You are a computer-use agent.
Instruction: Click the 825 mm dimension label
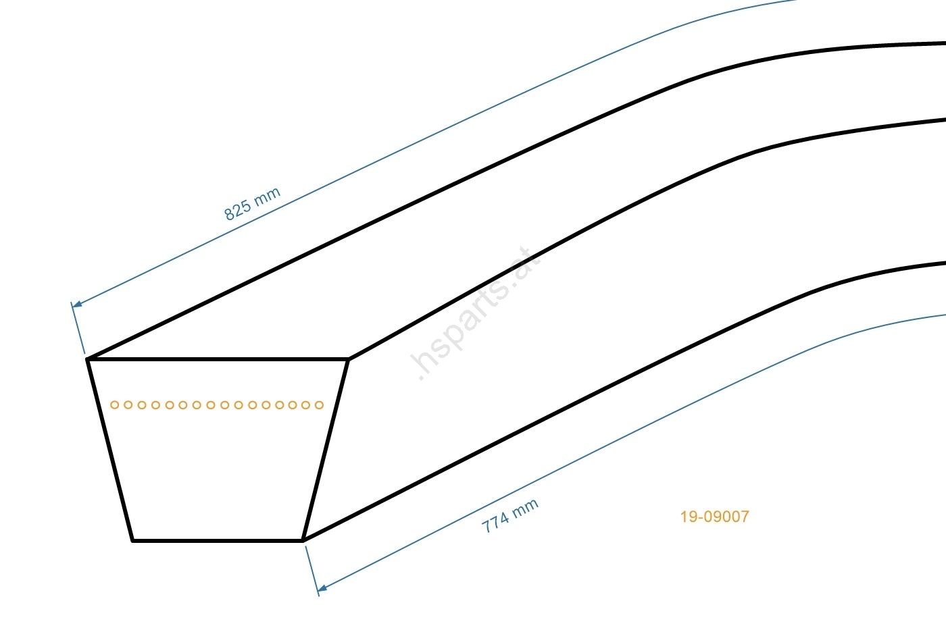[252, 204]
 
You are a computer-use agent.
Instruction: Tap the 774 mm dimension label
[510, 516]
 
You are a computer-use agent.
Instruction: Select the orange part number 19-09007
[714, 517]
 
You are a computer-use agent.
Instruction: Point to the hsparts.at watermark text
[477, 315]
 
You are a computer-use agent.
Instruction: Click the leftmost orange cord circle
[115, 405]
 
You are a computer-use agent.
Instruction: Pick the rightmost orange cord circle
[320, 405]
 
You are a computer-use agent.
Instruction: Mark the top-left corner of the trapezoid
[89, 360]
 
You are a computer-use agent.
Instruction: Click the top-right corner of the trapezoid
[347, 360]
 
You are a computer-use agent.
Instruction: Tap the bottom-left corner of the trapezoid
[133, 540]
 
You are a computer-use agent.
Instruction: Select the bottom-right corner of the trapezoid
[302, 540]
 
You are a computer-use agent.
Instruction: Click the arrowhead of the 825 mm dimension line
[76, 305]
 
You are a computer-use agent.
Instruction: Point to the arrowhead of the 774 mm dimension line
[322, 589]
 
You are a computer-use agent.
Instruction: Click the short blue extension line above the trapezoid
[78, 329]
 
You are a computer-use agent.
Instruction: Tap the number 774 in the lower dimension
[495, 523]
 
